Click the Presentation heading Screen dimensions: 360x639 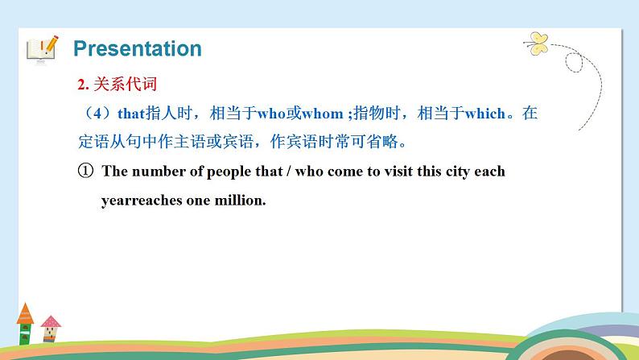[137, 48]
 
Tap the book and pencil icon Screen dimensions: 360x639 [42, 48]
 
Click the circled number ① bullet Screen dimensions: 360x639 [86, 172]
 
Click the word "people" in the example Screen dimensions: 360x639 [222, 172]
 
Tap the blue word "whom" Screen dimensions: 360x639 [322, 114]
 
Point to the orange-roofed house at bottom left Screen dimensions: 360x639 [24, 322]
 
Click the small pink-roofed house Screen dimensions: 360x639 [51, 329]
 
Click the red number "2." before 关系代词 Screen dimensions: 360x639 [82, 85]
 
